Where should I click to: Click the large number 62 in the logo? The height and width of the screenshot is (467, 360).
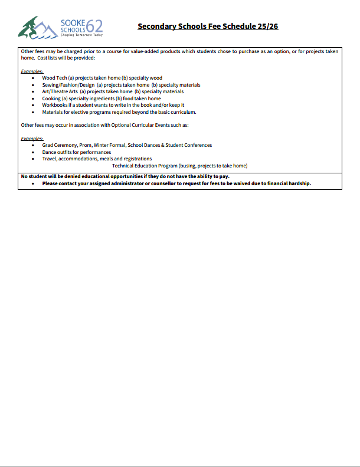coord(94,25)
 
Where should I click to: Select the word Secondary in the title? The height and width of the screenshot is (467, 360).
coord(157,27)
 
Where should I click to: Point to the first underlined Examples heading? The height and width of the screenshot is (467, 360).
coord(32,71)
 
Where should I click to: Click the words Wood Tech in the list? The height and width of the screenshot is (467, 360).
coord(54,78)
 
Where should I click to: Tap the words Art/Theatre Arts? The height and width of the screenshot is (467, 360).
coord(60,91)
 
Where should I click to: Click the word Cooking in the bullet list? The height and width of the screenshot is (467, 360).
coord(51,98)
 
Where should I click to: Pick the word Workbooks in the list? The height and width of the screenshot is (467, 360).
coord(55,105)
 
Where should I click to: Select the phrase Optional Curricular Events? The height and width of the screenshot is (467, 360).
coord(132,125)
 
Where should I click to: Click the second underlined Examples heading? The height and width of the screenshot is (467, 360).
coord(32,139)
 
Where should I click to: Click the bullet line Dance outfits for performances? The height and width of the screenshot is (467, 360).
coord(76,152)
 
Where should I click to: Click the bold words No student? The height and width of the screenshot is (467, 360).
coord(33,177)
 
